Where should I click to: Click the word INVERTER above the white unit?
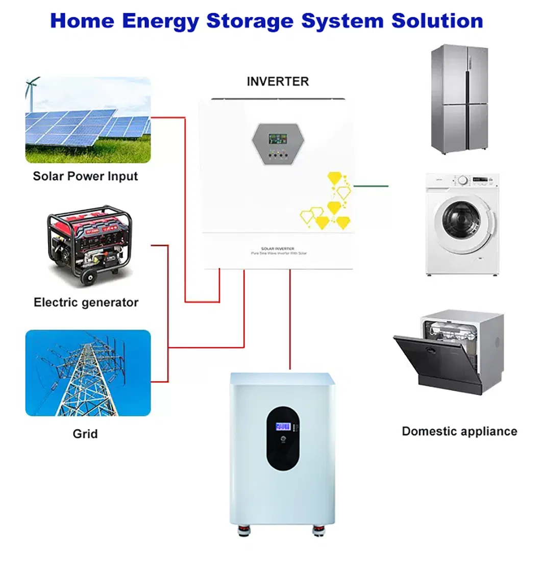pyautogui.click(x=278, y=82)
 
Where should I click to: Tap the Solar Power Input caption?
pyautogui.click(x=85, y=177)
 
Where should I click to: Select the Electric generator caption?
pyautogui.click(x=86, y=302)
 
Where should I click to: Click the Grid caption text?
pyautogui.click(x=85, y=434)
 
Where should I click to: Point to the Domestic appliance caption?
pyautogui.click(x=459, y=431)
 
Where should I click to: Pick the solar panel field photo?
pyautogui.click(x=88, y=120)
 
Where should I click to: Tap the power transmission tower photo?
pyautogui.click(x=88, y=373)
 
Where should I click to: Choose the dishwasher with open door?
pyautogui.click(x=449, y=352)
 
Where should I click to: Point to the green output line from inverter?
pyautogui.click(x=371, y=186)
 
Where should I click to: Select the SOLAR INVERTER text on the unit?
pyautogui.click(x=277, y=249)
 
